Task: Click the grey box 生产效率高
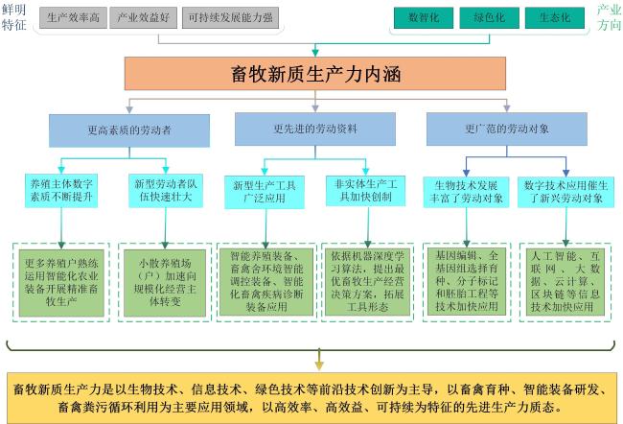click(x=73, y=17)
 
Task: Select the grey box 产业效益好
click(x=143, y=17)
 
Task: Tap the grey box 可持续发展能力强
click(x=230, y=17)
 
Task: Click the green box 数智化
click(x=424, y=17)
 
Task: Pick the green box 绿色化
click(x=489, y=17)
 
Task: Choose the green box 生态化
click(x=555, y=17)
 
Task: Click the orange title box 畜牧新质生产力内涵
click(x=315, y=74)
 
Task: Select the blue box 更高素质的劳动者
click(x=129, y=130)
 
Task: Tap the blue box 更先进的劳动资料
click(x=315, y=130)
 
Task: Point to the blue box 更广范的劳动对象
click(x=507, y=130)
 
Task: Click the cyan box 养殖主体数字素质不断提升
click(x=61, y=191)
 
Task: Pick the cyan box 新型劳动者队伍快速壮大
click(x=166, y=191)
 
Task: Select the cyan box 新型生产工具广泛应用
click(x=265, y=192)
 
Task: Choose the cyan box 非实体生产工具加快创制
click(x=365, y=191)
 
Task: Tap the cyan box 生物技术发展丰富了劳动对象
click(x=466, y=192)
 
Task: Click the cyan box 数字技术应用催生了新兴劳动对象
click(x=565, y=192)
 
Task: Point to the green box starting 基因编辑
click(x=467, y=282)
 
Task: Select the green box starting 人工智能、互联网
click(x=565, y=282)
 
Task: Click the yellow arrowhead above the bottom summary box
click(x=319, y=365)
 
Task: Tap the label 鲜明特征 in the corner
click(x=13, y=17)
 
